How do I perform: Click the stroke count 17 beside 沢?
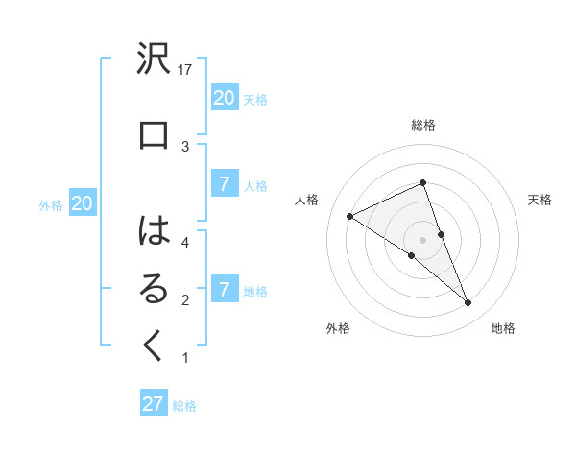point(186,69)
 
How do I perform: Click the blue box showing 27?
point(154,404)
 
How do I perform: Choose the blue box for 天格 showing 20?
point(224,97)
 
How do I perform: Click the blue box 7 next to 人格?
point(224,184)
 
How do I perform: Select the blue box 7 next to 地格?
point(224,289)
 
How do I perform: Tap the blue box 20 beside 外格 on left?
point(82,202)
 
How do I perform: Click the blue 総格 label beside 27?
point(184,406)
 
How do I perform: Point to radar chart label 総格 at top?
point(422,125)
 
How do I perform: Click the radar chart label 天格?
point(540,200)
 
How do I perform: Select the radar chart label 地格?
point(503,328)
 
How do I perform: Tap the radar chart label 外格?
point(338,328)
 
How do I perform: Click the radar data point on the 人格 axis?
point(349,216)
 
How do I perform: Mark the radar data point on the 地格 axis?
point(468,303)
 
